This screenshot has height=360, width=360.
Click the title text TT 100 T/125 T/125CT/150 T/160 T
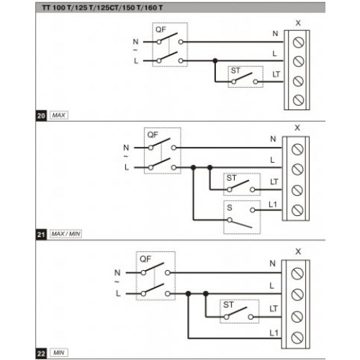click(102, 8)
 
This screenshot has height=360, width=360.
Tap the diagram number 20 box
click(41, 116)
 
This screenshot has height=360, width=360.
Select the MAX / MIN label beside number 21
click(66, 234)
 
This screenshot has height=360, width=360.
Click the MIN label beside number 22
click(59, 353)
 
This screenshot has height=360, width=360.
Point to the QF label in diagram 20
click(161, 30)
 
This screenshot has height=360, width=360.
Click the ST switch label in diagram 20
click(235, 71)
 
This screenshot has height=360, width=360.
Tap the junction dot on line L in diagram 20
click(215, 60)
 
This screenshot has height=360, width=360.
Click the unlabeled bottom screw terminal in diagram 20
click(298, 100)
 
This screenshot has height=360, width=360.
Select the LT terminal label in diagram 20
click(276, 74)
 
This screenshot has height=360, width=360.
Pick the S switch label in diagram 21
click(230, 207)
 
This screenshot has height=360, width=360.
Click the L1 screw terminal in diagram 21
click(297, 210)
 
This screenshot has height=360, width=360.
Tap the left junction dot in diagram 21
click(194, 167)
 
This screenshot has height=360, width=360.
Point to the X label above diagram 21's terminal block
click(297, 127)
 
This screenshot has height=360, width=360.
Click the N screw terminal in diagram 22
click(297, 274)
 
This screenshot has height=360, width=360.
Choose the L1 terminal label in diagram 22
click(274, 333)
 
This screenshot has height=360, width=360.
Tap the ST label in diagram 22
click(228, 305)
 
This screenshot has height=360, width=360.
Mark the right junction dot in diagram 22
click(206, 293)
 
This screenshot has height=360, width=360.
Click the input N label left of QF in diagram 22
click(117, 273)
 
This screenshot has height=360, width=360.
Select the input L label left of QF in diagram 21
click(127, 167)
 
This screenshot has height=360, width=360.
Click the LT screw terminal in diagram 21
click(297, 190)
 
